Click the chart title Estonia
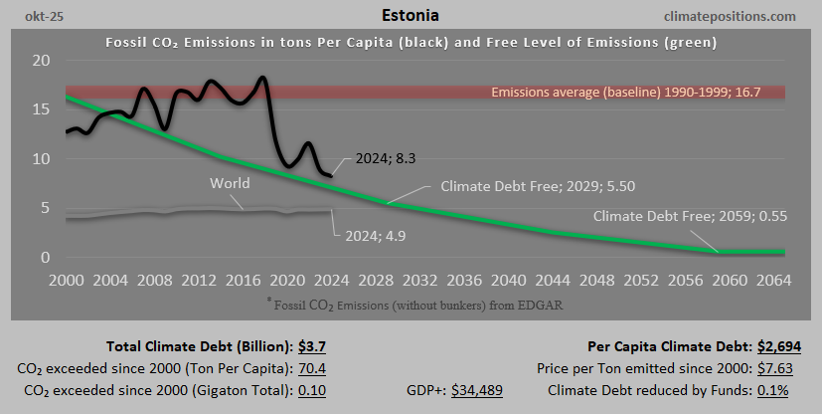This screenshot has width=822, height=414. [410, 16]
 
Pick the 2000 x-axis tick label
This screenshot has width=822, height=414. [67, 280]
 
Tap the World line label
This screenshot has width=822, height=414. [231, 184]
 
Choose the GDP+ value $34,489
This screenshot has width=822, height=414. [476, 391]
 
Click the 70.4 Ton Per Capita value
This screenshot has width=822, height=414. [313, 369]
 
